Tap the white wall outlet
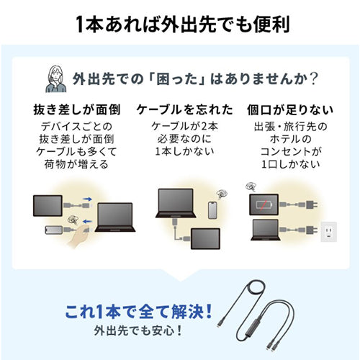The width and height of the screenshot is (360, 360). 329,230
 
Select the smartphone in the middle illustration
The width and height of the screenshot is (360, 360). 211,209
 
